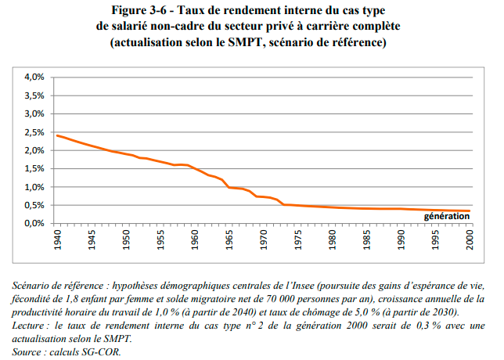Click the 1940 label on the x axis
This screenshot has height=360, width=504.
(57, 239)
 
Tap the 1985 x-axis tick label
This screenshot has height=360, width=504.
(368, 239)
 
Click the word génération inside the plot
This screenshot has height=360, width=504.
(446, 215)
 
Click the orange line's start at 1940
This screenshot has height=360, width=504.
(57, 135)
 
